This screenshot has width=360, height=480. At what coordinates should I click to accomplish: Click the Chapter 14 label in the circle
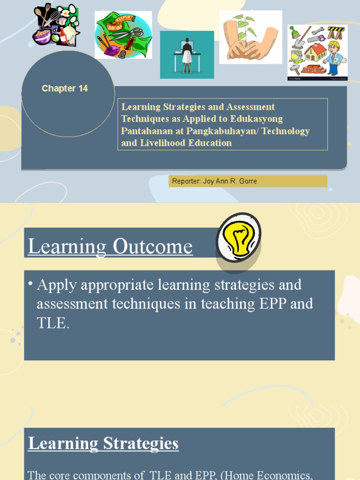coord(65,89)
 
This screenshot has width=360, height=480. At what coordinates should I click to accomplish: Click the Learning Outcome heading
coord(110,247)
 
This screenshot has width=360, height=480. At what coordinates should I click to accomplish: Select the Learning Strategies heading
coord(103,443)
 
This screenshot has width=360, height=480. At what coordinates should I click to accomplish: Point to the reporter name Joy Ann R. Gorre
coord(230,181)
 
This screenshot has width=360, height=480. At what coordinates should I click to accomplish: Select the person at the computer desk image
coord(187,54)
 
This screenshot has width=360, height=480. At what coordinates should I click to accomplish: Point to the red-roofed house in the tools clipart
coord(315,52)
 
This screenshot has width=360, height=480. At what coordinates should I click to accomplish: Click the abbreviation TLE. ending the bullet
coord(53,323)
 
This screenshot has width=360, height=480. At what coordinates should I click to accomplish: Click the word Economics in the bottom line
coord(296,475)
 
